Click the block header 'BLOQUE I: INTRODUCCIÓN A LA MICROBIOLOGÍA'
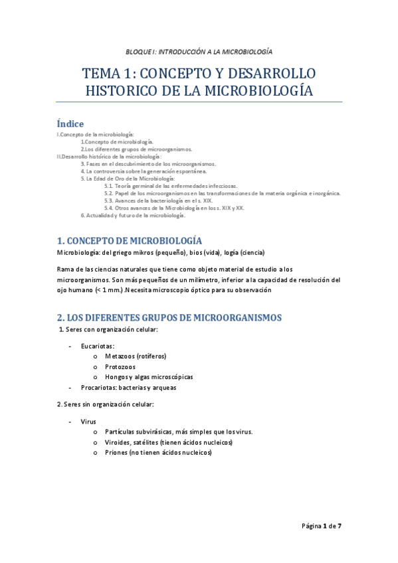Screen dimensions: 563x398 (x=199, y=52)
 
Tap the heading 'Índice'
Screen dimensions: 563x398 (x=70, y=124)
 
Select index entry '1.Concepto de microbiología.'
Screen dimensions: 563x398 (x=117, y=141)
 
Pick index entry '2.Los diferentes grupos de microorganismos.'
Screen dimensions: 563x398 (x=136, y=149)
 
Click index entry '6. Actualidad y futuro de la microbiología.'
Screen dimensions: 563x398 (x=133, y=215)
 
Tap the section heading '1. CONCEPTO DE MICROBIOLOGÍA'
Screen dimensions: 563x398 (x=130, y=240)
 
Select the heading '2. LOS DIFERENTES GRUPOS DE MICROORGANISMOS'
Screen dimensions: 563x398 (x=169, y=317)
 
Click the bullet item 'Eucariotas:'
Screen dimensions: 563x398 (x=98, y=346)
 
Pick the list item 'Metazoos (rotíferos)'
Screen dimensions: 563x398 (x=136, y=357)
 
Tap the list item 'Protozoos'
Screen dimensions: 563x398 (x=120, y=366)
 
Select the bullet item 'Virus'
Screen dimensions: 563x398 (x=88, y=422)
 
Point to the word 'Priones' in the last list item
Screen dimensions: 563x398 (x=118, y=453)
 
